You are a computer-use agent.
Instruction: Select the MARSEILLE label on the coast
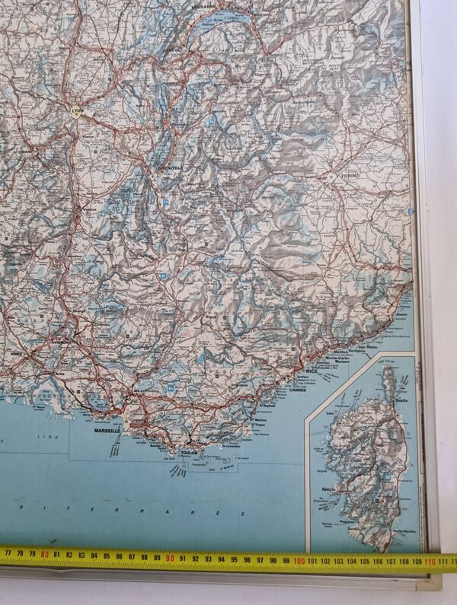click(107, 431)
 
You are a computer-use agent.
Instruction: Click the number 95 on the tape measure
click(236, 560)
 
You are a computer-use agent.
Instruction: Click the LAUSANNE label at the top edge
click(203, 5)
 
